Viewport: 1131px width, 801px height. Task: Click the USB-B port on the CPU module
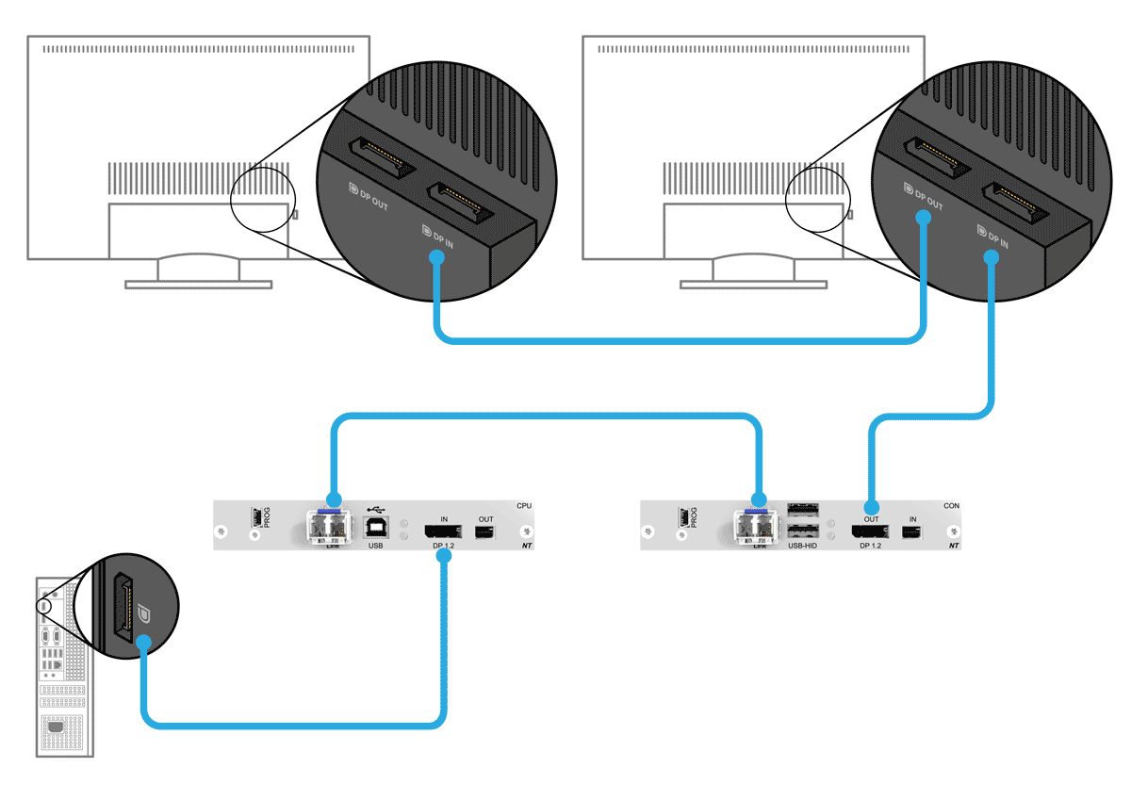375,528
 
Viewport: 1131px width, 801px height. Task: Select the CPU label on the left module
524,506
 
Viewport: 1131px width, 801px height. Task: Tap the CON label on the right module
952,506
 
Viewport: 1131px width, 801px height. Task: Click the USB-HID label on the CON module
802,546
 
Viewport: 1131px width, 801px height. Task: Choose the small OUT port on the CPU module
485,533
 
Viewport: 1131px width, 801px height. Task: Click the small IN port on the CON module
912,533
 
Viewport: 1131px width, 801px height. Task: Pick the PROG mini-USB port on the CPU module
254,518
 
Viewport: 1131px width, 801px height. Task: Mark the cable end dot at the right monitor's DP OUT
924,218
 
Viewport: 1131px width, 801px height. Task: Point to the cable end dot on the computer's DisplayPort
142,643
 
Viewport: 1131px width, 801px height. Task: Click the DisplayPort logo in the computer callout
144,613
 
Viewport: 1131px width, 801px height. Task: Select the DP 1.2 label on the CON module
870,546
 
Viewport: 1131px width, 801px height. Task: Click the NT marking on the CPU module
525,546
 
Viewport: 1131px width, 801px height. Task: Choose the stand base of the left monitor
199,284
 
